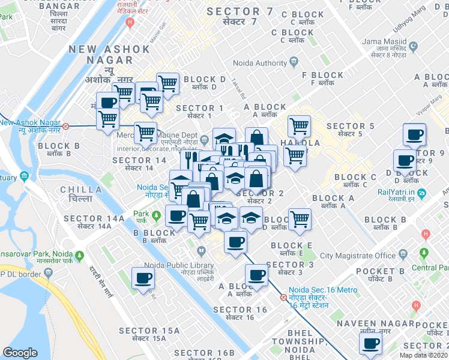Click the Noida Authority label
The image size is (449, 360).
[x=263, y=64]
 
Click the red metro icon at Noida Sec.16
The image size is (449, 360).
[x=283, y=297]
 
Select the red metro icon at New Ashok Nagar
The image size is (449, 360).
[x=66, y=127]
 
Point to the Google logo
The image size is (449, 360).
[x=20, y=353]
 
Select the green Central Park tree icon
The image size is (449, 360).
[x=425, y=253]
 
